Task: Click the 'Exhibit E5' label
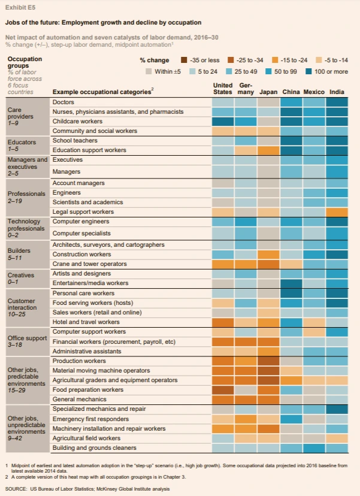coord(17,7)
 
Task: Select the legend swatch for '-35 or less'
coord(185,61)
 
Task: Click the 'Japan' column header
coord(268,92)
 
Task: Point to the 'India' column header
coord(337,92)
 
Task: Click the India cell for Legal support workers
coord(337,211)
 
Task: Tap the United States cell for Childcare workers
coord(223,121)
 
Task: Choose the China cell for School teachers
coord(291,140)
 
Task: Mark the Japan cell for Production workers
coord(268,361)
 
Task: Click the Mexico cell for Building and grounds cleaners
coord(314,447)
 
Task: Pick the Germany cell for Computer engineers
coord(246,222)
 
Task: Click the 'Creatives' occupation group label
coord(21,274)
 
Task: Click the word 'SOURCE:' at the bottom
coord(16,489)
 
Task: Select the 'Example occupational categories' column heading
coord(102,92)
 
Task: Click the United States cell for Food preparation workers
coord(223,389)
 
